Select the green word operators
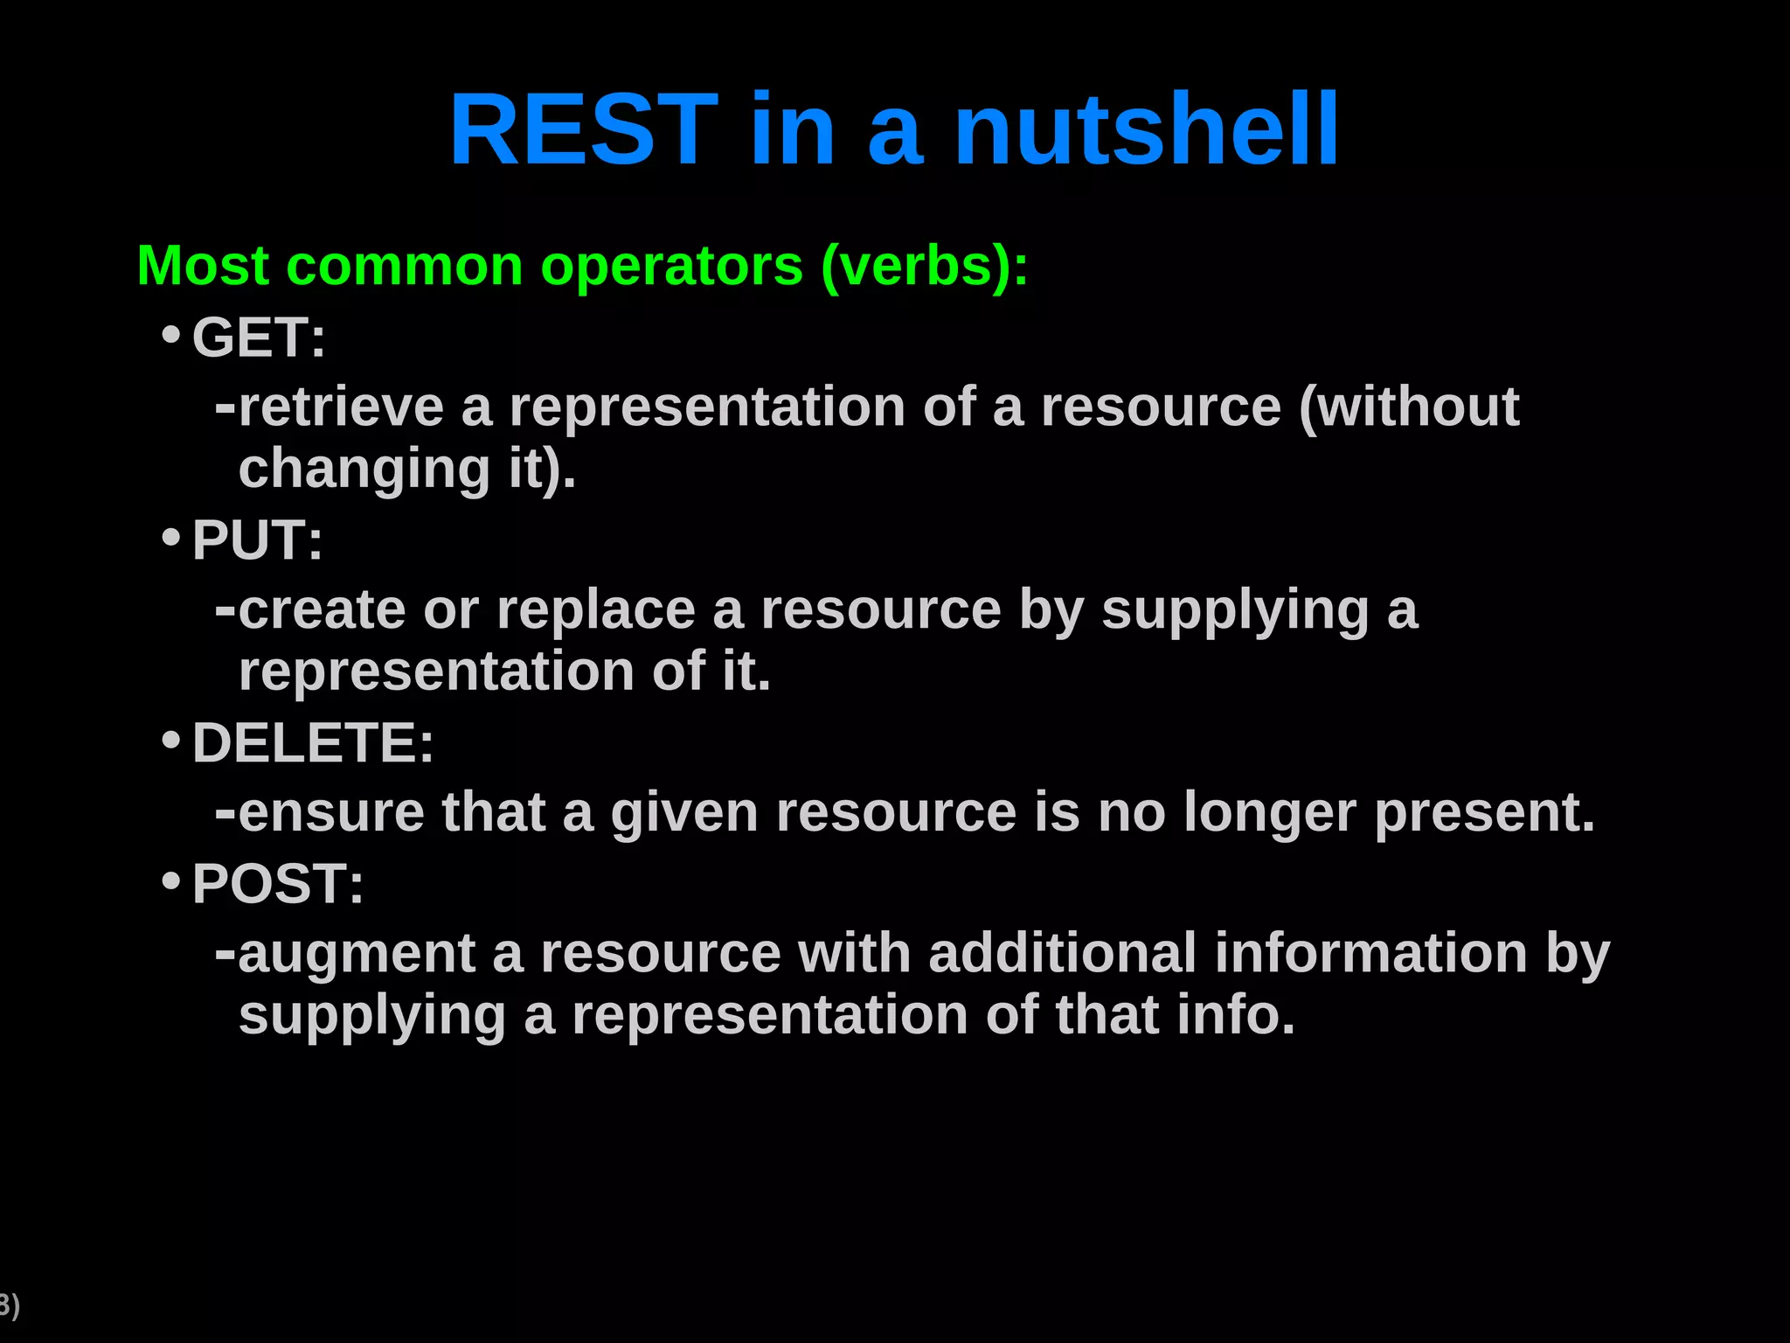tap(671, 267)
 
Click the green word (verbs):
tap(925, 267)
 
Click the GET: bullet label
tap(259, 338)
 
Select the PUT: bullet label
tap(257, 540)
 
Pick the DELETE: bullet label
tap(313, 743)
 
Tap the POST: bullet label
tap(278, 884)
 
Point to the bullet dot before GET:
tap(171, 335)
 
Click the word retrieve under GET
tap(341, 407)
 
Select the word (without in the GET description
tap(1409, 407)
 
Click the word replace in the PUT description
tap(595, 610)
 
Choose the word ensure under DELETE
tap(330, 813)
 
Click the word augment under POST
tap(357, 955)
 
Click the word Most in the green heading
tap(203, 267)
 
